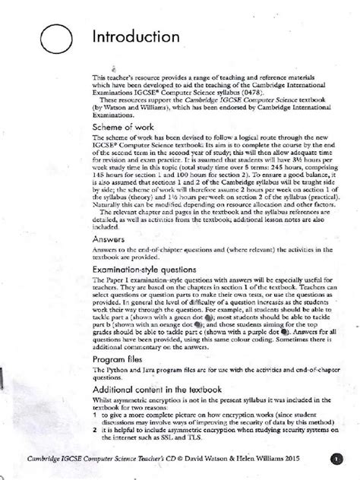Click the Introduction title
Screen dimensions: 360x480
[x=137, y=37]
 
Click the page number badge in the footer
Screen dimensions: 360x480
[x=338, y=458]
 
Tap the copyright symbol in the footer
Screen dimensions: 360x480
[x=199, y=459]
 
